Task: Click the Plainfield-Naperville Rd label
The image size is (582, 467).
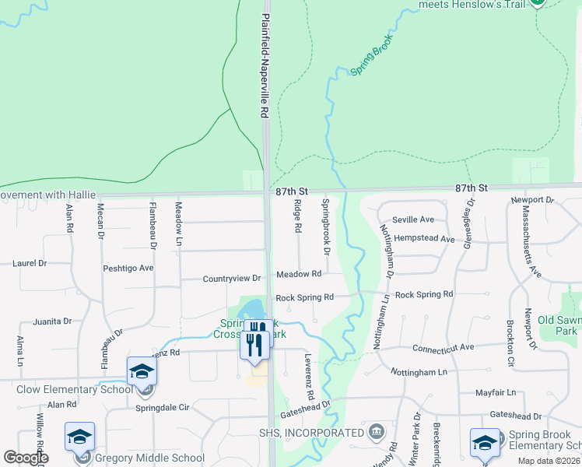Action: pos(265,65)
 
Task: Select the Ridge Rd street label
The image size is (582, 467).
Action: pos(297,216)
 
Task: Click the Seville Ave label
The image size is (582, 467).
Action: pos(412,219)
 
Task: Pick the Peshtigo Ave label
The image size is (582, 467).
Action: pos(128,268)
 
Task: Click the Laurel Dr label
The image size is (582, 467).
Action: pos(30,263)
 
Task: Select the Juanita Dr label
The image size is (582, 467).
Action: pos(52,321)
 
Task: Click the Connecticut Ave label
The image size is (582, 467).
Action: pos(443,348)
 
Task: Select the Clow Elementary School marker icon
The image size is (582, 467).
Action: pos(142,370)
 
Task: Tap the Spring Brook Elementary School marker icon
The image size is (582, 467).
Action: pos(485,441)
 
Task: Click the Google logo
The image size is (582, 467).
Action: pos(26,458)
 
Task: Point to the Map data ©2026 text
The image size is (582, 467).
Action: pos(549,461)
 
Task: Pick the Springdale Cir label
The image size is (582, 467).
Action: pos(163,407)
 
